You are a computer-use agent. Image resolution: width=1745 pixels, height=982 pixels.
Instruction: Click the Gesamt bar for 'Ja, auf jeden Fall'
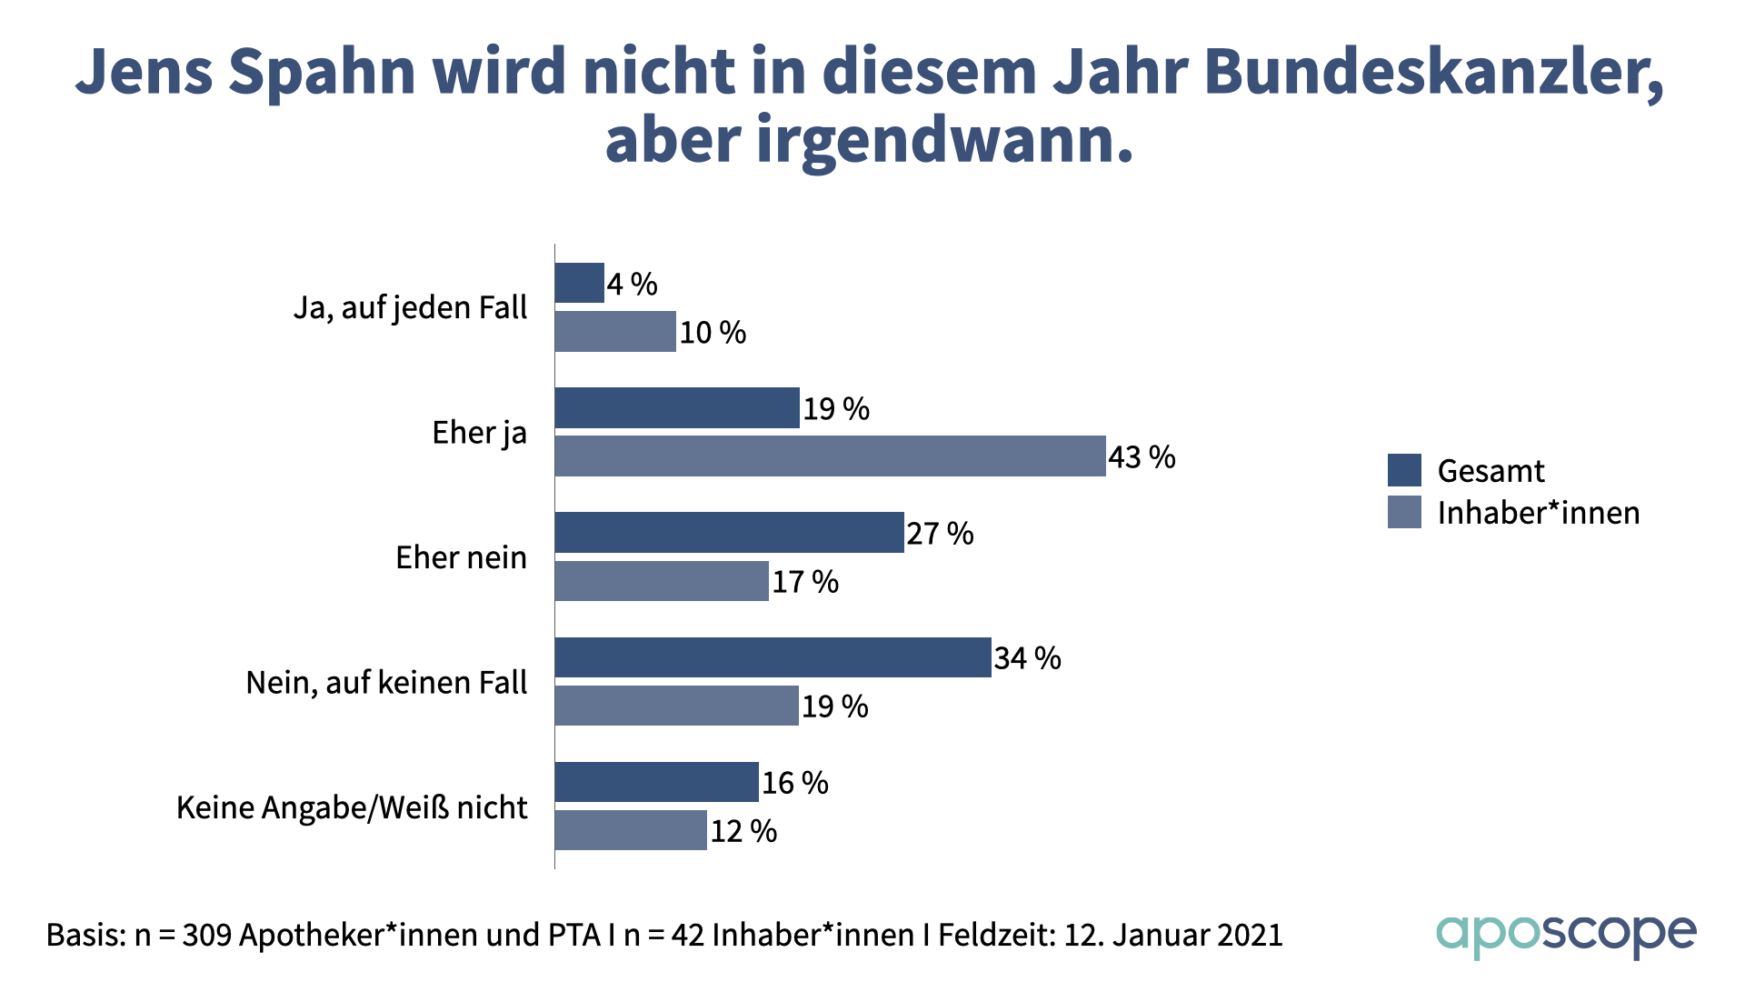(579, 283)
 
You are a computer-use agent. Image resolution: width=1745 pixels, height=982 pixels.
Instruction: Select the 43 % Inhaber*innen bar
(830, 456)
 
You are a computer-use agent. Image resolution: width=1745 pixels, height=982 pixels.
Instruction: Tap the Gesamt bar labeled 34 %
(773, 657)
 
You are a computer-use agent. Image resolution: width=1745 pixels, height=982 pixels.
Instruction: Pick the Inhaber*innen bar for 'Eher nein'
(662, 581)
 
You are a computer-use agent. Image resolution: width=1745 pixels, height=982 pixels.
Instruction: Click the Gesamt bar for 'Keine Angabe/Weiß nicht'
(656, 782)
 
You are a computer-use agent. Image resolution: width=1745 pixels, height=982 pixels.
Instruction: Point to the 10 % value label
(713, 333)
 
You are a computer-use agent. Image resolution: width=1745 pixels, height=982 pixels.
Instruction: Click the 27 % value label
(940, 534)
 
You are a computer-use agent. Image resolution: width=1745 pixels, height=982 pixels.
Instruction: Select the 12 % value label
(743, 831)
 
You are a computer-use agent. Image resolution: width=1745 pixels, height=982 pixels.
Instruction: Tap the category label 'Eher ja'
(479, 433)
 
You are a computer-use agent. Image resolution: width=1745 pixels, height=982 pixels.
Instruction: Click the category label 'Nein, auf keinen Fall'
(386, 683)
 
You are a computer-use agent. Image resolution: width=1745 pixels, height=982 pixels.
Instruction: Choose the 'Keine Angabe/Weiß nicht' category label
(352, 807)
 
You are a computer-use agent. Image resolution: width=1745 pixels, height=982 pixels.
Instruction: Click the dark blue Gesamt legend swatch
(1404, 470)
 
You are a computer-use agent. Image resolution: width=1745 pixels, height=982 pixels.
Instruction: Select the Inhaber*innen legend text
(1538, 513)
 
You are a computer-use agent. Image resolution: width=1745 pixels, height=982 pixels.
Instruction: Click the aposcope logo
(1565, 936)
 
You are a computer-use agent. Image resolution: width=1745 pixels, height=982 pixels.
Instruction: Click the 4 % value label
(633, 285)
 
